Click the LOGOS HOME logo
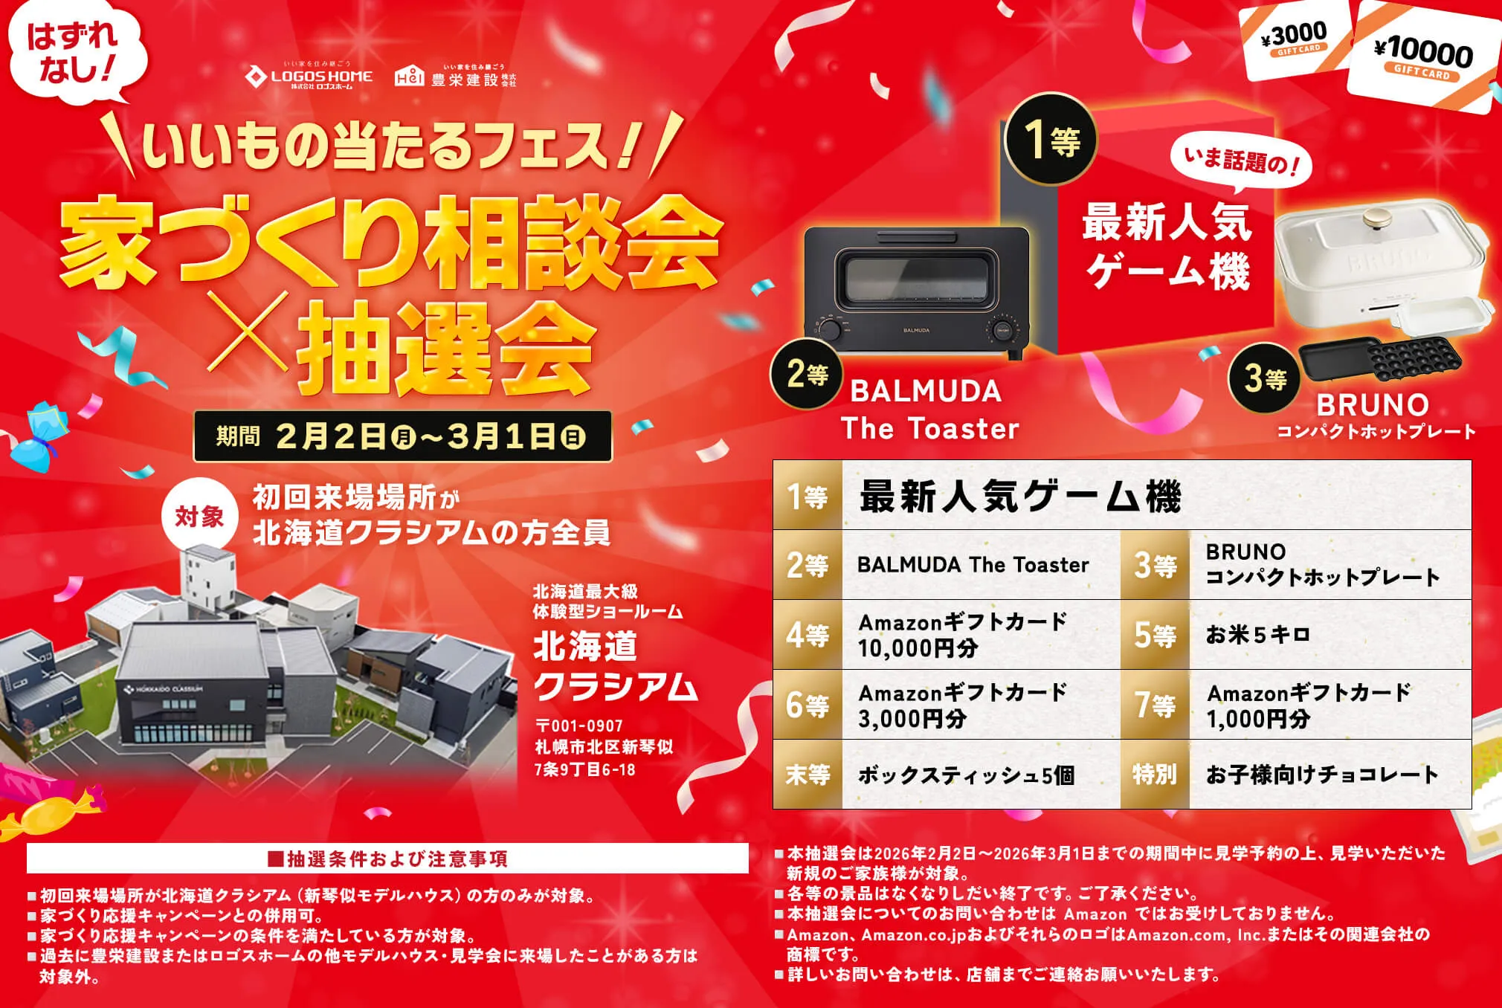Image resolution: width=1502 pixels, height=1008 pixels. coord(309,77)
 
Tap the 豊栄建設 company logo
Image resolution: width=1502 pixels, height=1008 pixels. coord(455,77)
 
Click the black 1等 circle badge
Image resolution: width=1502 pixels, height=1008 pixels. coord(1051,139)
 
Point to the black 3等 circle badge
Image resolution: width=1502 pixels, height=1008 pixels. coord(1265,379)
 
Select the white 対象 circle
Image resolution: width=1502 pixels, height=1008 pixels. coord(199,517)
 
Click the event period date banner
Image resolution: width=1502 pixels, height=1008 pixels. coord(402,436)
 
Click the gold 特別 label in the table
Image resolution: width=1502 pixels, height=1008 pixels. coord(1155,775)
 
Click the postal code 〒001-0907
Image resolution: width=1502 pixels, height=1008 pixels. coord(579,726)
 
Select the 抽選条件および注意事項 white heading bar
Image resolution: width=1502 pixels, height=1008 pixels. coord(387,859)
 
